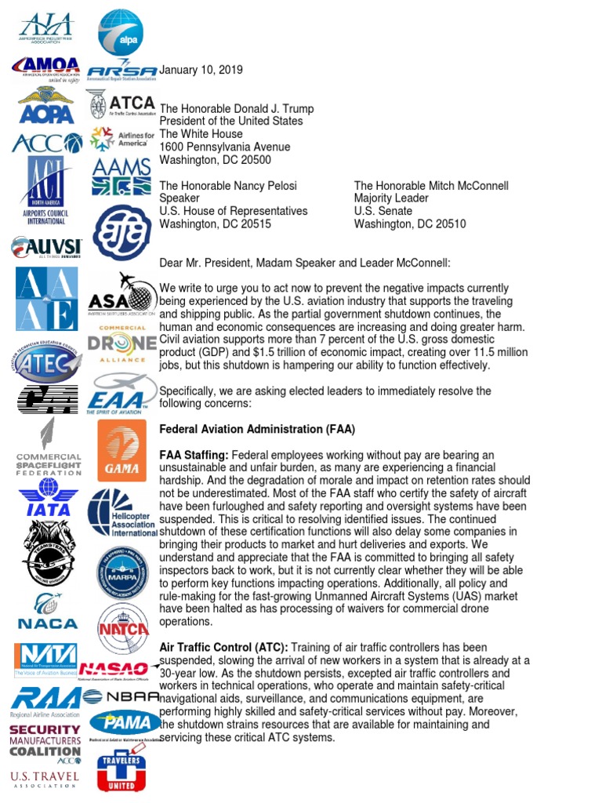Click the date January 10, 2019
[201, 71]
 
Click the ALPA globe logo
[120, 31]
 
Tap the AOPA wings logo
[46, 106]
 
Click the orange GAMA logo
[121, 451]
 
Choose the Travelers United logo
[121, 771]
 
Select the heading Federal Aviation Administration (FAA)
[257, 429]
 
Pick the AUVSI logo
[45, 248]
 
